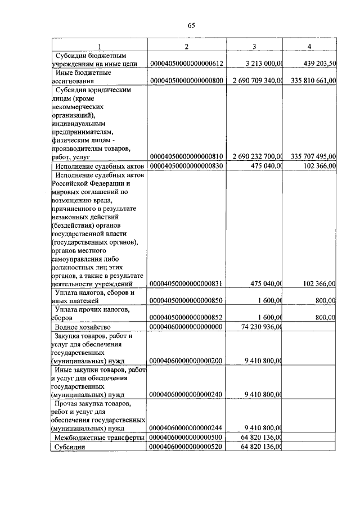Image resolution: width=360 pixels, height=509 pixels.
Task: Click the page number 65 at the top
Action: click(191, 25)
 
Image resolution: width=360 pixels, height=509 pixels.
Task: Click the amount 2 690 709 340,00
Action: click(257, 82)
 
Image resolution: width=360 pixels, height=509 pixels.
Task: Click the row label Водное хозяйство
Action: click(83, 326)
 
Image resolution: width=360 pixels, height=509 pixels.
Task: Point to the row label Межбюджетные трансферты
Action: click(99, 437)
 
